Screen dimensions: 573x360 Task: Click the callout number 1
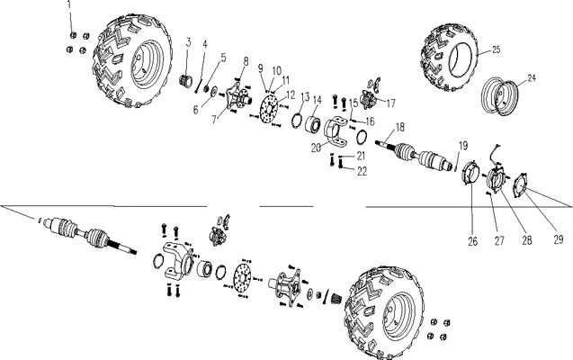pyautogui.click(x=69, y=4)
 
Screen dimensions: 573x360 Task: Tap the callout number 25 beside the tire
pyautogui.click(x=496, y=49)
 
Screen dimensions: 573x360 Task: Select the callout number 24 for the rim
pyautogui.click(x=532, y=77)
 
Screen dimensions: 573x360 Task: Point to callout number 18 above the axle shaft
pyautogui.click(x=400, y=127)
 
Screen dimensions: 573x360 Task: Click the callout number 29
pyautogui.click(x=559, y=239)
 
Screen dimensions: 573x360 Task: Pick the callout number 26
pyautogui.click(x=473, y=241)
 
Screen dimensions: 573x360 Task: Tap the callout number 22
pyautogui.click(x=362, y=171)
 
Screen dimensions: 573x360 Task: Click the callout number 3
pyautogui.click(x=189, y=42)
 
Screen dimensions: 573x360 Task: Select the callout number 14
pyautogui.click(x=318, y=100)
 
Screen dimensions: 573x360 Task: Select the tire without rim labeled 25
pyautogui.click(x=450, y=58)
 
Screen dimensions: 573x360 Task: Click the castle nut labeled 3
pyautogui.click(x=186, y=81)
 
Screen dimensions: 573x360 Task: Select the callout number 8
pyautogui.click(x=246, y=61)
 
